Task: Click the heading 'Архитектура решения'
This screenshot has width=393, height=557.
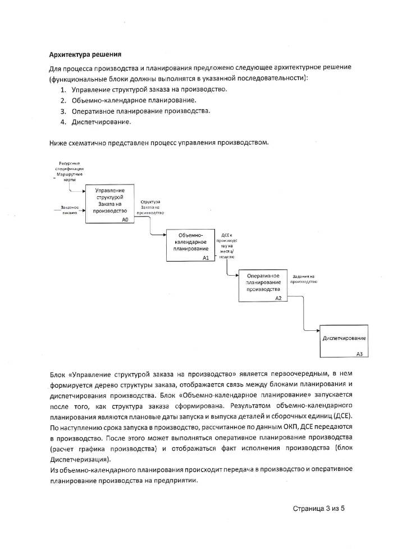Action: (85, 55)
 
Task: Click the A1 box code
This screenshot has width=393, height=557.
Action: (205, 257)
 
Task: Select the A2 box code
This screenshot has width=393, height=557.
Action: (278, 298)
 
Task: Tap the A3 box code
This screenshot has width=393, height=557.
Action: (359, 353)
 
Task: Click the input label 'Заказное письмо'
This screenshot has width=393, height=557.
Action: (69, 211)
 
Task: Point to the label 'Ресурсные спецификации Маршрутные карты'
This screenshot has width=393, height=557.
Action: (70, 172)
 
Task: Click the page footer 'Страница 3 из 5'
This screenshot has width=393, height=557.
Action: (318, 508)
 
